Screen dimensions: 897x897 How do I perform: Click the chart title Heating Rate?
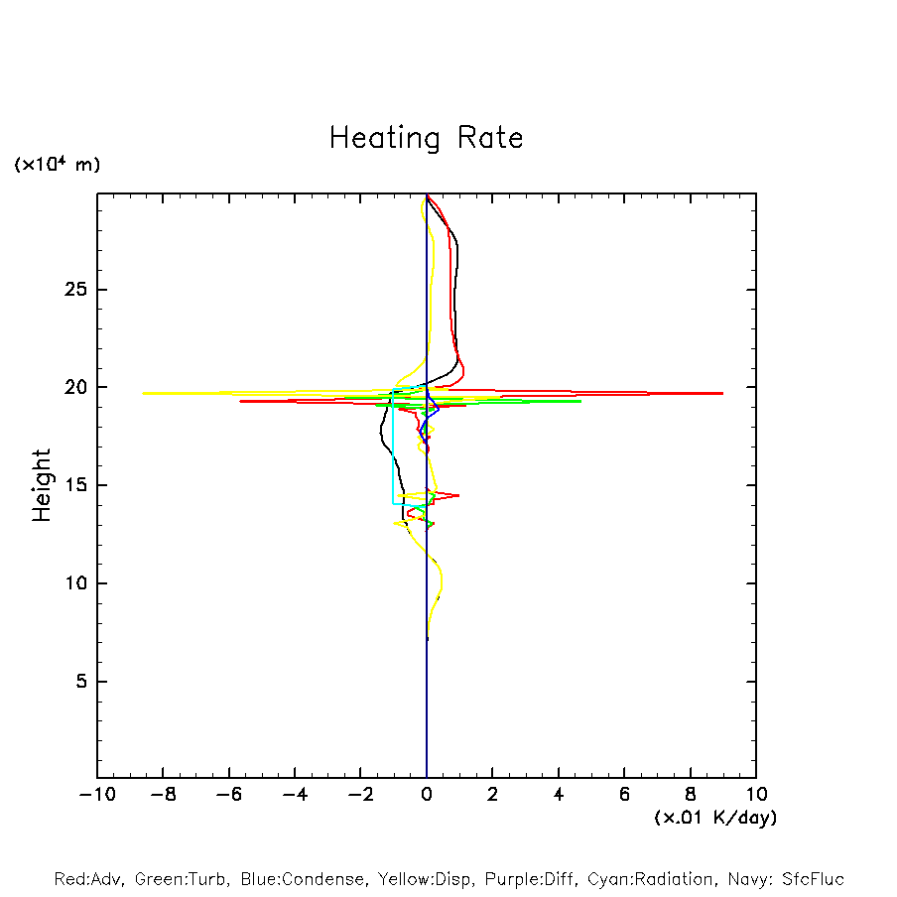[426, 137]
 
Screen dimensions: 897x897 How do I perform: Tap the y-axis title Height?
[41, 485]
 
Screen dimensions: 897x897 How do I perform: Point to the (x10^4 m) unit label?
[57, 165]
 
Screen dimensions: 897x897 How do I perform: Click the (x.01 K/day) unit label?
[714, 818]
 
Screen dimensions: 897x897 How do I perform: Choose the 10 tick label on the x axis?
[756, 794]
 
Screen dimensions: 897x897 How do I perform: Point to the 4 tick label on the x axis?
[559, 794]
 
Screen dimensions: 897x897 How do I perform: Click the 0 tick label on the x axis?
[427, 794]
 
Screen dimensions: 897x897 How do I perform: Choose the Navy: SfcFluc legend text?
[785, 879]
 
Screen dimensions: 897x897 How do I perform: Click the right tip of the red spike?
[722, 394]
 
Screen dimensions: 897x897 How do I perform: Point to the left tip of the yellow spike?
[144, 393]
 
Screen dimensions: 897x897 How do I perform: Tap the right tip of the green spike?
[580, 401]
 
